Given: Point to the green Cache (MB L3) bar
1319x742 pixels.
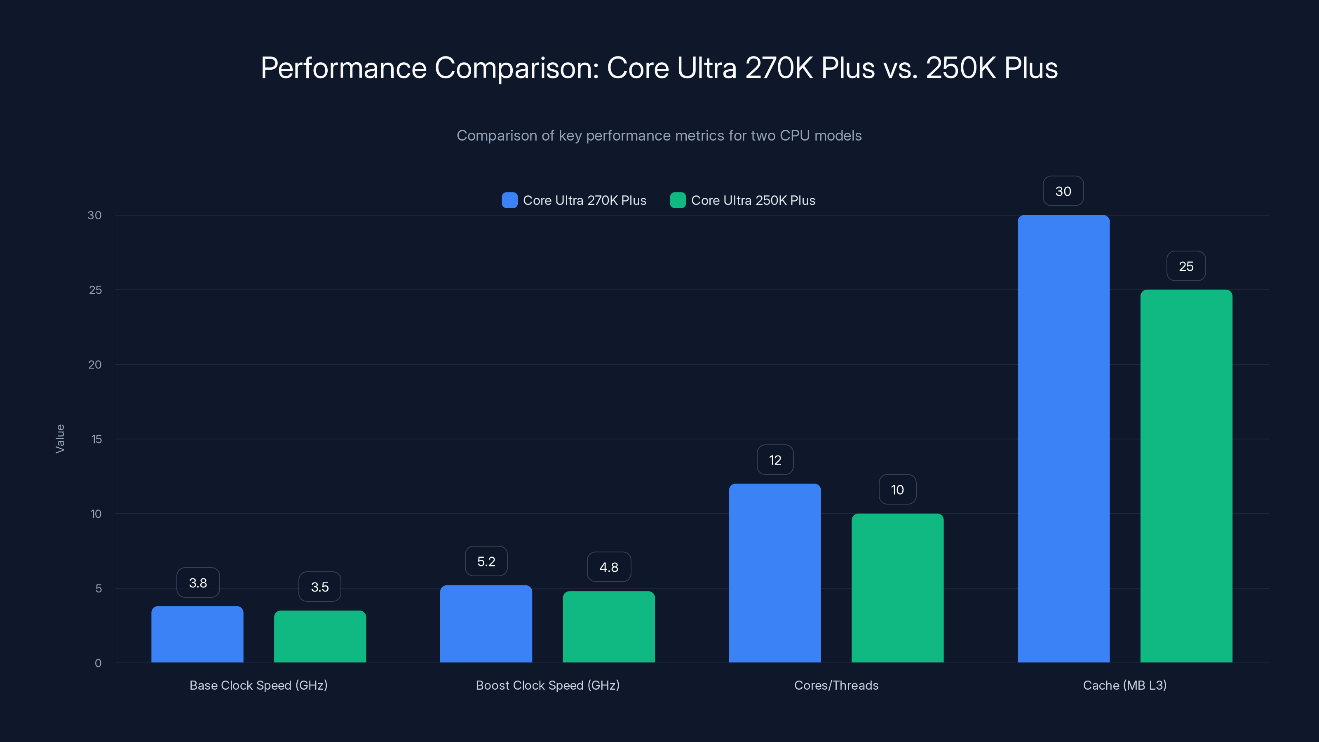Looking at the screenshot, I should (x=1186, y=476).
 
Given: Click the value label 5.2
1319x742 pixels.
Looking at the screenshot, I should (x=486, y=561).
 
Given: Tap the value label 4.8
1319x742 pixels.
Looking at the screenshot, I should (x=608, y=567).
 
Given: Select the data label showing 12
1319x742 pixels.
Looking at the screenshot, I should (x=775, y=460).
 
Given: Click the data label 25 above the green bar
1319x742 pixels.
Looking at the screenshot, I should (x=1186, y=266).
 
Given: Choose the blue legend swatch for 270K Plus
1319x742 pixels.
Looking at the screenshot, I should (x=509, y=200).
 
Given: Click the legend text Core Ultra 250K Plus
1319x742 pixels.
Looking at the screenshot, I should (x=753, y=200).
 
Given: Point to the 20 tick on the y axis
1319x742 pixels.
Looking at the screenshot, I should (x=95, y=364).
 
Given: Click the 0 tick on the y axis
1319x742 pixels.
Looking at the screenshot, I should (x=98, y=663).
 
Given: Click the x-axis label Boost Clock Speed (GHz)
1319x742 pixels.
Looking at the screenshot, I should (x=547, y=685).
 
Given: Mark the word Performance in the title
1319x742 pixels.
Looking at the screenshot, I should (x=343, y=68).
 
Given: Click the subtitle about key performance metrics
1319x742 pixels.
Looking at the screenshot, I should (x=659, y=135).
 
